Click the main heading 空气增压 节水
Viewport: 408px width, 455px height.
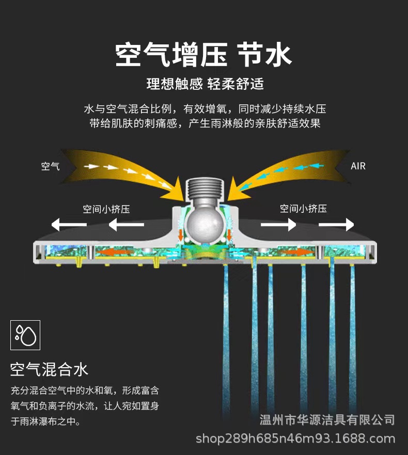click(203, 55)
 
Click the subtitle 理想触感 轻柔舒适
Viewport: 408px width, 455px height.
click(205, 84)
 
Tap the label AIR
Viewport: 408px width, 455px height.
click(358, 166)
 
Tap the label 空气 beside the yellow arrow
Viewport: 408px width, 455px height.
click(51, 166)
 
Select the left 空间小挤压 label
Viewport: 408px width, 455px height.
click(106, 209)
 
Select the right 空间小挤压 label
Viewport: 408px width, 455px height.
click(303, 209)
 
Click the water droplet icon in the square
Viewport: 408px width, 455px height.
click(25, 335)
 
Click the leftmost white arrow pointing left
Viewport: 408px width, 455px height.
click(69, 225)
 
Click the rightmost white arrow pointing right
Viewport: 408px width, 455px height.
click(336, 225)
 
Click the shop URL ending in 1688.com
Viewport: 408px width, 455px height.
click(295, 439)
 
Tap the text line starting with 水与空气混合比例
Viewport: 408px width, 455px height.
click(205, 109)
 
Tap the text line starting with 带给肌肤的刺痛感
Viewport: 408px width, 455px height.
click(205, 124)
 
